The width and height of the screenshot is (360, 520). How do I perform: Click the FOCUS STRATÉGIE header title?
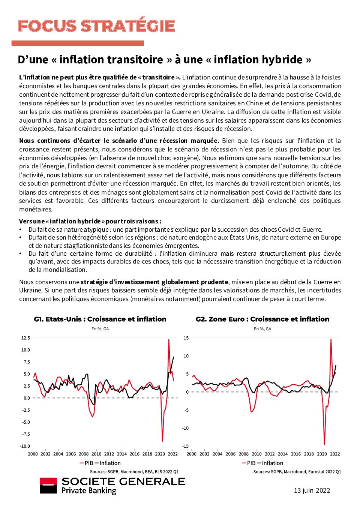pos(96,26)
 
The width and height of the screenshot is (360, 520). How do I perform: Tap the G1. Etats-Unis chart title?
pos(100,319)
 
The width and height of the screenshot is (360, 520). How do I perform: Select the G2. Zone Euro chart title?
pos(262,319)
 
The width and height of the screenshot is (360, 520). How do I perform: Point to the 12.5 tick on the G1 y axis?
pos(25,338)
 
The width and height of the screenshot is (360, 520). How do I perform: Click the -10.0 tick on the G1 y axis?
pos(25,446)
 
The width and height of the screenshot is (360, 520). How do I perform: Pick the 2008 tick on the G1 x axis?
pos(84,454)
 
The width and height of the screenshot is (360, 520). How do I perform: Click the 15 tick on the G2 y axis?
pos(186,338)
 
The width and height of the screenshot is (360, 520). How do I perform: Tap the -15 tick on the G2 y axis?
pos(185,446)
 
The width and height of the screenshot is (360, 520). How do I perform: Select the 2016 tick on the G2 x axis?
pos(296,454)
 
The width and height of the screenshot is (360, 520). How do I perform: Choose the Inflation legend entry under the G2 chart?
pos(270,463)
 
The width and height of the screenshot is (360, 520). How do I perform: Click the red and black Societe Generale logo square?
pos(48,486)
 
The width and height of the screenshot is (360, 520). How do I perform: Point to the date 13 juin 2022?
pos(312,490)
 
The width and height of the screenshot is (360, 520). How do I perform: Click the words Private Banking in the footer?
pos(89,490)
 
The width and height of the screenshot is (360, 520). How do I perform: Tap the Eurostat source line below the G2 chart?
pos(297,472)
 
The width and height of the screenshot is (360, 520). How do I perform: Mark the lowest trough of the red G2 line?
pos(324,445)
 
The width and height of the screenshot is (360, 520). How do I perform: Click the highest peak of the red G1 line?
pos(169,339)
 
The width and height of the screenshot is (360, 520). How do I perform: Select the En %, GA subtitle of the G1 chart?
pos(100,329)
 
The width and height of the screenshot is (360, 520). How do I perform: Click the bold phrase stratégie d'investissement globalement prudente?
pos(154,282)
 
